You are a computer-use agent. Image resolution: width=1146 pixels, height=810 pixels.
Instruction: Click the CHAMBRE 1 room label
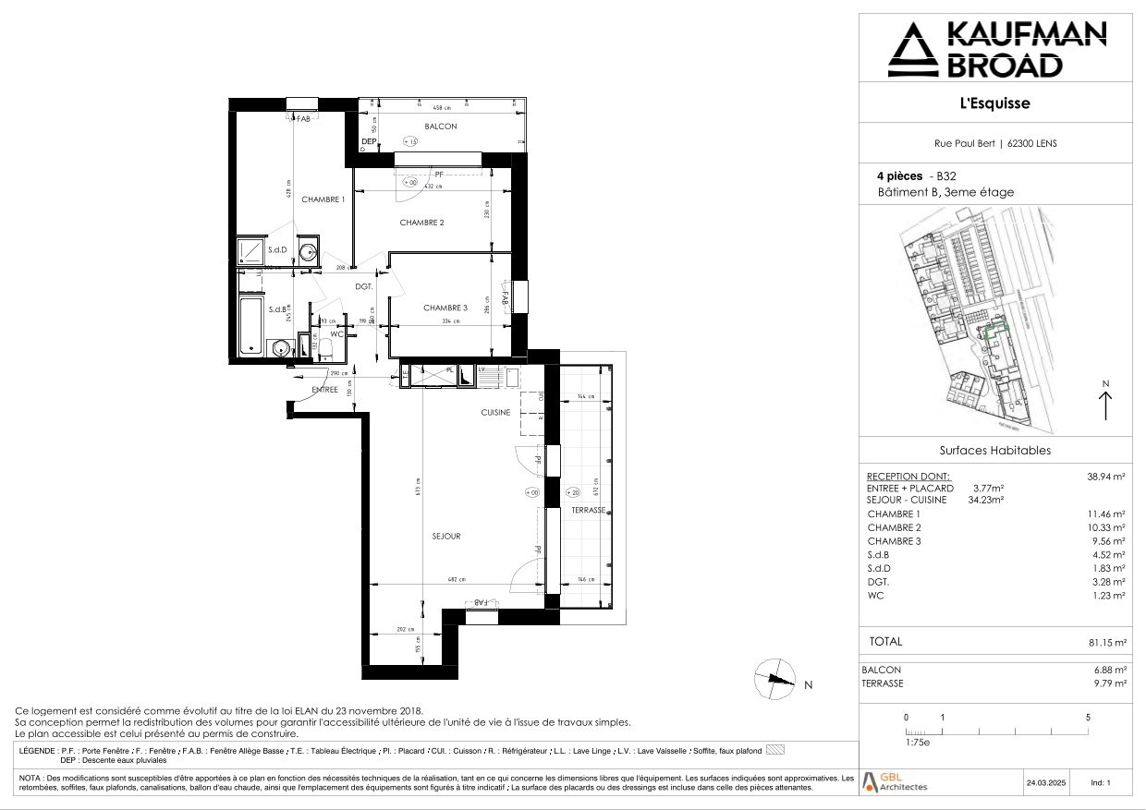323,199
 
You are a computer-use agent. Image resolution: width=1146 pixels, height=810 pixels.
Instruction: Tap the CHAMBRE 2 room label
422,223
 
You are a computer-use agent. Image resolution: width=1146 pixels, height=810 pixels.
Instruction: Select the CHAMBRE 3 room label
446,308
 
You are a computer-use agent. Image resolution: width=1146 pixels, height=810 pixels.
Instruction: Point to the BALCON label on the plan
441,127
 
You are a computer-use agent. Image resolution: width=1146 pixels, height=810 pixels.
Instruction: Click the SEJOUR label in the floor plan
445,536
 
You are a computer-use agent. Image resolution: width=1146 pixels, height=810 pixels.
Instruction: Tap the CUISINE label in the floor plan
494,413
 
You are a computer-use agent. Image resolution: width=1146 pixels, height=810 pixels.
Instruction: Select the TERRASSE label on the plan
588,510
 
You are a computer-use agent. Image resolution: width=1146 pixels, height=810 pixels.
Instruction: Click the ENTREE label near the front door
324,390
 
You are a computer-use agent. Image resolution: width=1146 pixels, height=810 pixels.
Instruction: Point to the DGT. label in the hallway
363,286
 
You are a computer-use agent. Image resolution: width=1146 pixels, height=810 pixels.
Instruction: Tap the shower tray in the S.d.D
250,250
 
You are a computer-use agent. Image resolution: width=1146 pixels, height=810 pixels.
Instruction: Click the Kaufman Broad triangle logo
911,50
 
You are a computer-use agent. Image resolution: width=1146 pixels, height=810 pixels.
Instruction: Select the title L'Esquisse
994,103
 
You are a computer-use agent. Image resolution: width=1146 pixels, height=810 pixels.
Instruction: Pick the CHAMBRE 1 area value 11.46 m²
1106,514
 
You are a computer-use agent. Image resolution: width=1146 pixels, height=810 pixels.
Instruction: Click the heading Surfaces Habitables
994,451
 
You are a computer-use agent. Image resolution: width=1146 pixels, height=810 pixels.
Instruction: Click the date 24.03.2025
1045,783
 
